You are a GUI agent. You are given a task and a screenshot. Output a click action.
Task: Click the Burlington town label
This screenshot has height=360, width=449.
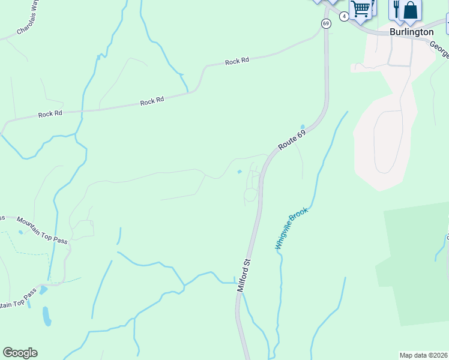(411, 32)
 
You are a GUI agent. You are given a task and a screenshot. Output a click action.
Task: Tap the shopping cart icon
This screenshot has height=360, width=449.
(361, 9)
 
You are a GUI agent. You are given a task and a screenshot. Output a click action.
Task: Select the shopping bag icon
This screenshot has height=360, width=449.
(411, 9)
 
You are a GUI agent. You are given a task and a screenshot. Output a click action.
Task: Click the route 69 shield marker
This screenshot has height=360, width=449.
(326, 23)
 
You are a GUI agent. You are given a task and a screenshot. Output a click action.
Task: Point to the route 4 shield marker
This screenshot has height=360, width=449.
(344, 16)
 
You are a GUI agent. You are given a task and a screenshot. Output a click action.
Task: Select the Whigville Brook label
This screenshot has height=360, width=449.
(292, 228)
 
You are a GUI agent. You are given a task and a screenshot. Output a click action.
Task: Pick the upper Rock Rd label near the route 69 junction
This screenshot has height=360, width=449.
(237, 61)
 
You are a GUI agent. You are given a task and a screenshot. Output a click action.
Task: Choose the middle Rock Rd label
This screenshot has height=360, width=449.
(152, 101)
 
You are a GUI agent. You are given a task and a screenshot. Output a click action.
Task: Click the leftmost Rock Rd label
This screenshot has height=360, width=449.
(50, 113)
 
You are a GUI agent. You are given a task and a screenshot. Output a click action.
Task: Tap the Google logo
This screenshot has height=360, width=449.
(20, 353)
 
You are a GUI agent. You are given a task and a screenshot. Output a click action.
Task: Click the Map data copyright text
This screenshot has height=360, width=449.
(424, 355)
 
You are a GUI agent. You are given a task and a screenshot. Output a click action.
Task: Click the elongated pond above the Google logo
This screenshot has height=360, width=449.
(47, 316)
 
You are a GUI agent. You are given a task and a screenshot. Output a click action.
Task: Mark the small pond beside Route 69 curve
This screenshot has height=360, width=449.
(303, 127)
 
